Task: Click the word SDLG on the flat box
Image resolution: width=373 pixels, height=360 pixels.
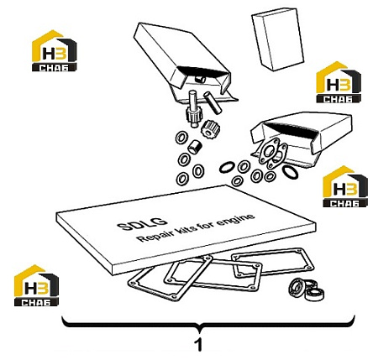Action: coord(142,223)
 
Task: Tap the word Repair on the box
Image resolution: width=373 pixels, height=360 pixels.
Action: coord(154,234)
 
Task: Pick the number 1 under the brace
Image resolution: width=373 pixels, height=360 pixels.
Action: coord(198,346)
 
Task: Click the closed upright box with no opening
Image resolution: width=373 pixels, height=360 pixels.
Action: coord(278,39)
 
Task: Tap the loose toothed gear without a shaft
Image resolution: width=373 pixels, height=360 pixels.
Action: coord(210,128)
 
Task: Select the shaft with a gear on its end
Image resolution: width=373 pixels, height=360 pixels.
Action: coord(192,108)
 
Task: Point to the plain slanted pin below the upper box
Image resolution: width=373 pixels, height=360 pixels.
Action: coord(213,102)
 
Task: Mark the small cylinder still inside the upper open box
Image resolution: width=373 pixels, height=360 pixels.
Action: coord(201,79)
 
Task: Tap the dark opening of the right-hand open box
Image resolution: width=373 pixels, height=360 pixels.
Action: coord(292,128)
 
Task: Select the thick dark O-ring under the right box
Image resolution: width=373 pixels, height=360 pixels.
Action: coord(290,172)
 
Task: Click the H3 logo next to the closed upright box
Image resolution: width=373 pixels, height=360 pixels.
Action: coord(339,82)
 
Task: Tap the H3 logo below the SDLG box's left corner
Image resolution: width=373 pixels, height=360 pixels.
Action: coord(36,285)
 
